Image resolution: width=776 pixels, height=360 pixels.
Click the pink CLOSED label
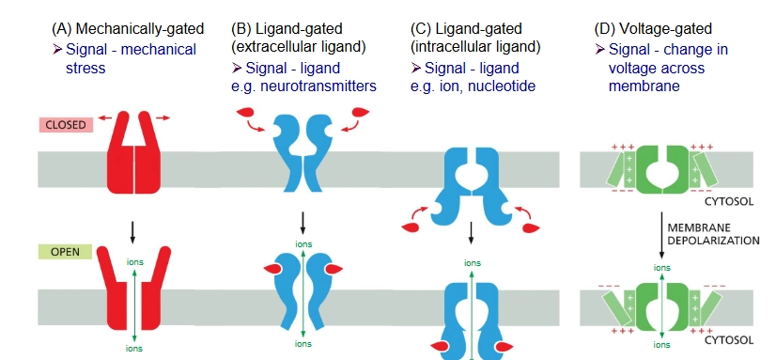[61, 124]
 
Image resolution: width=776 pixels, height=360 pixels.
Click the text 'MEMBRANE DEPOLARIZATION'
[711, 233]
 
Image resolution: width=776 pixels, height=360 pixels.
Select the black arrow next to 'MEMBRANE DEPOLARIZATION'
[660, 234]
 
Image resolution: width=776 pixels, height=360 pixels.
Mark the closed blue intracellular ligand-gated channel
[470, 184]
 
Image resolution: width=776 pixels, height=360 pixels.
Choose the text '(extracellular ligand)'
[298, 45]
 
